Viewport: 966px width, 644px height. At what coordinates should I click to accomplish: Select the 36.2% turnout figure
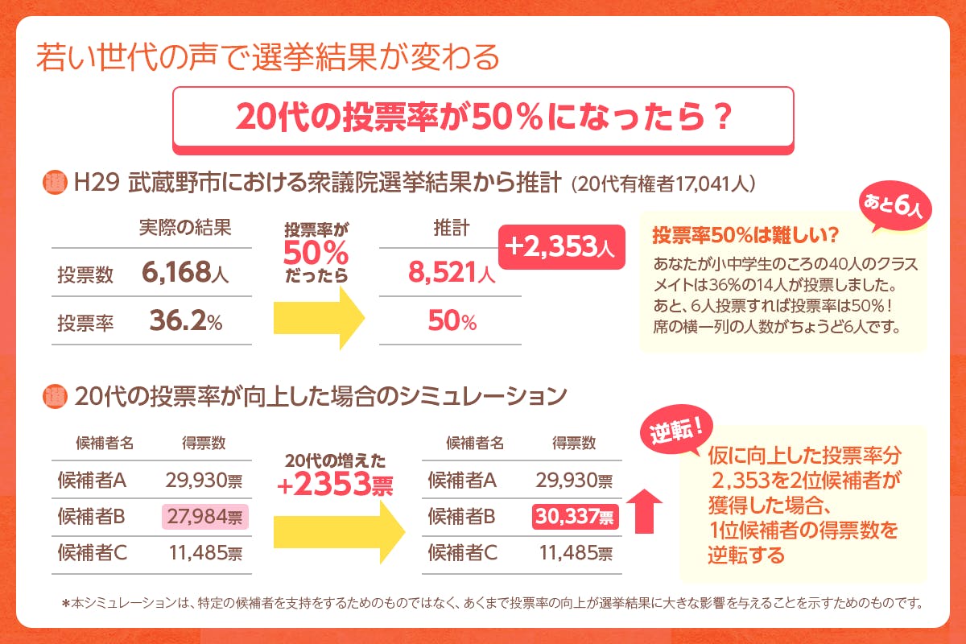click(186, 322)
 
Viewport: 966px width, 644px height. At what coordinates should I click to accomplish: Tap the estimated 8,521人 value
click(451, 274)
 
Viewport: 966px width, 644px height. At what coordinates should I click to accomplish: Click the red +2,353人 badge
click(562, 246)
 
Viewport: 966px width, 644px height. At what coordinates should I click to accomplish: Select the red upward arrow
click(644, 510)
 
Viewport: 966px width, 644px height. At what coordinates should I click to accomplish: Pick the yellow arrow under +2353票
click(337, 529)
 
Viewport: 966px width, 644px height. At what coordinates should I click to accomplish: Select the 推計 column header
click(451, 228)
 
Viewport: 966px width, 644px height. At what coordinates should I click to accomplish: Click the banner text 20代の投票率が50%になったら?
click(484, 118)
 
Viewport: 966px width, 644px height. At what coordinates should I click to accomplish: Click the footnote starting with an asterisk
click(490, 602)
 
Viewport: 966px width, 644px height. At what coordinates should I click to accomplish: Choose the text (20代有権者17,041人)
click(663, 183)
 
